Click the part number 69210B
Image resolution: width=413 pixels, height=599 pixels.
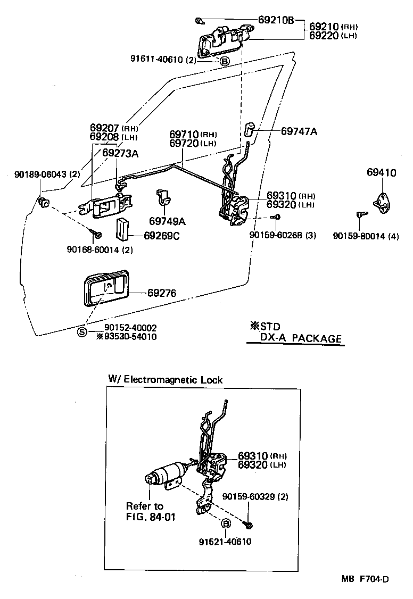tap(276, 20)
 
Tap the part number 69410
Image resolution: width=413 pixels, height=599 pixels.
tap(381, 172)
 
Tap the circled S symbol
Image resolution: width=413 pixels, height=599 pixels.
tap(82, 331)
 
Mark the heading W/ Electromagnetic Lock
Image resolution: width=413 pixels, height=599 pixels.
tap(165, 380)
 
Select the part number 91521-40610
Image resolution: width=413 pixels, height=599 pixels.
tap(225, 542)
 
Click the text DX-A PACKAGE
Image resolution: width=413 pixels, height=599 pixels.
tap(300, 338)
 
